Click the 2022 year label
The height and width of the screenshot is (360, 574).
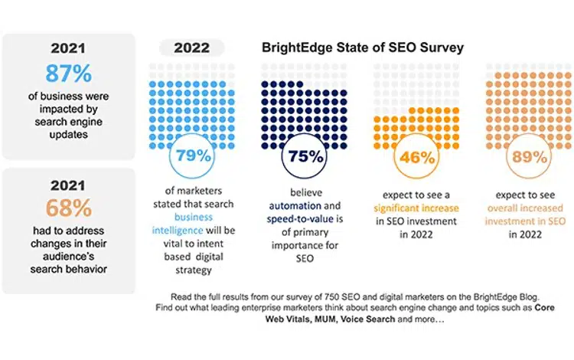191,47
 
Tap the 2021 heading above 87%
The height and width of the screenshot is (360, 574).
68,49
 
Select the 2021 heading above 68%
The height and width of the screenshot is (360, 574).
68,186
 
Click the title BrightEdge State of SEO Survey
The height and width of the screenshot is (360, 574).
363,47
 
